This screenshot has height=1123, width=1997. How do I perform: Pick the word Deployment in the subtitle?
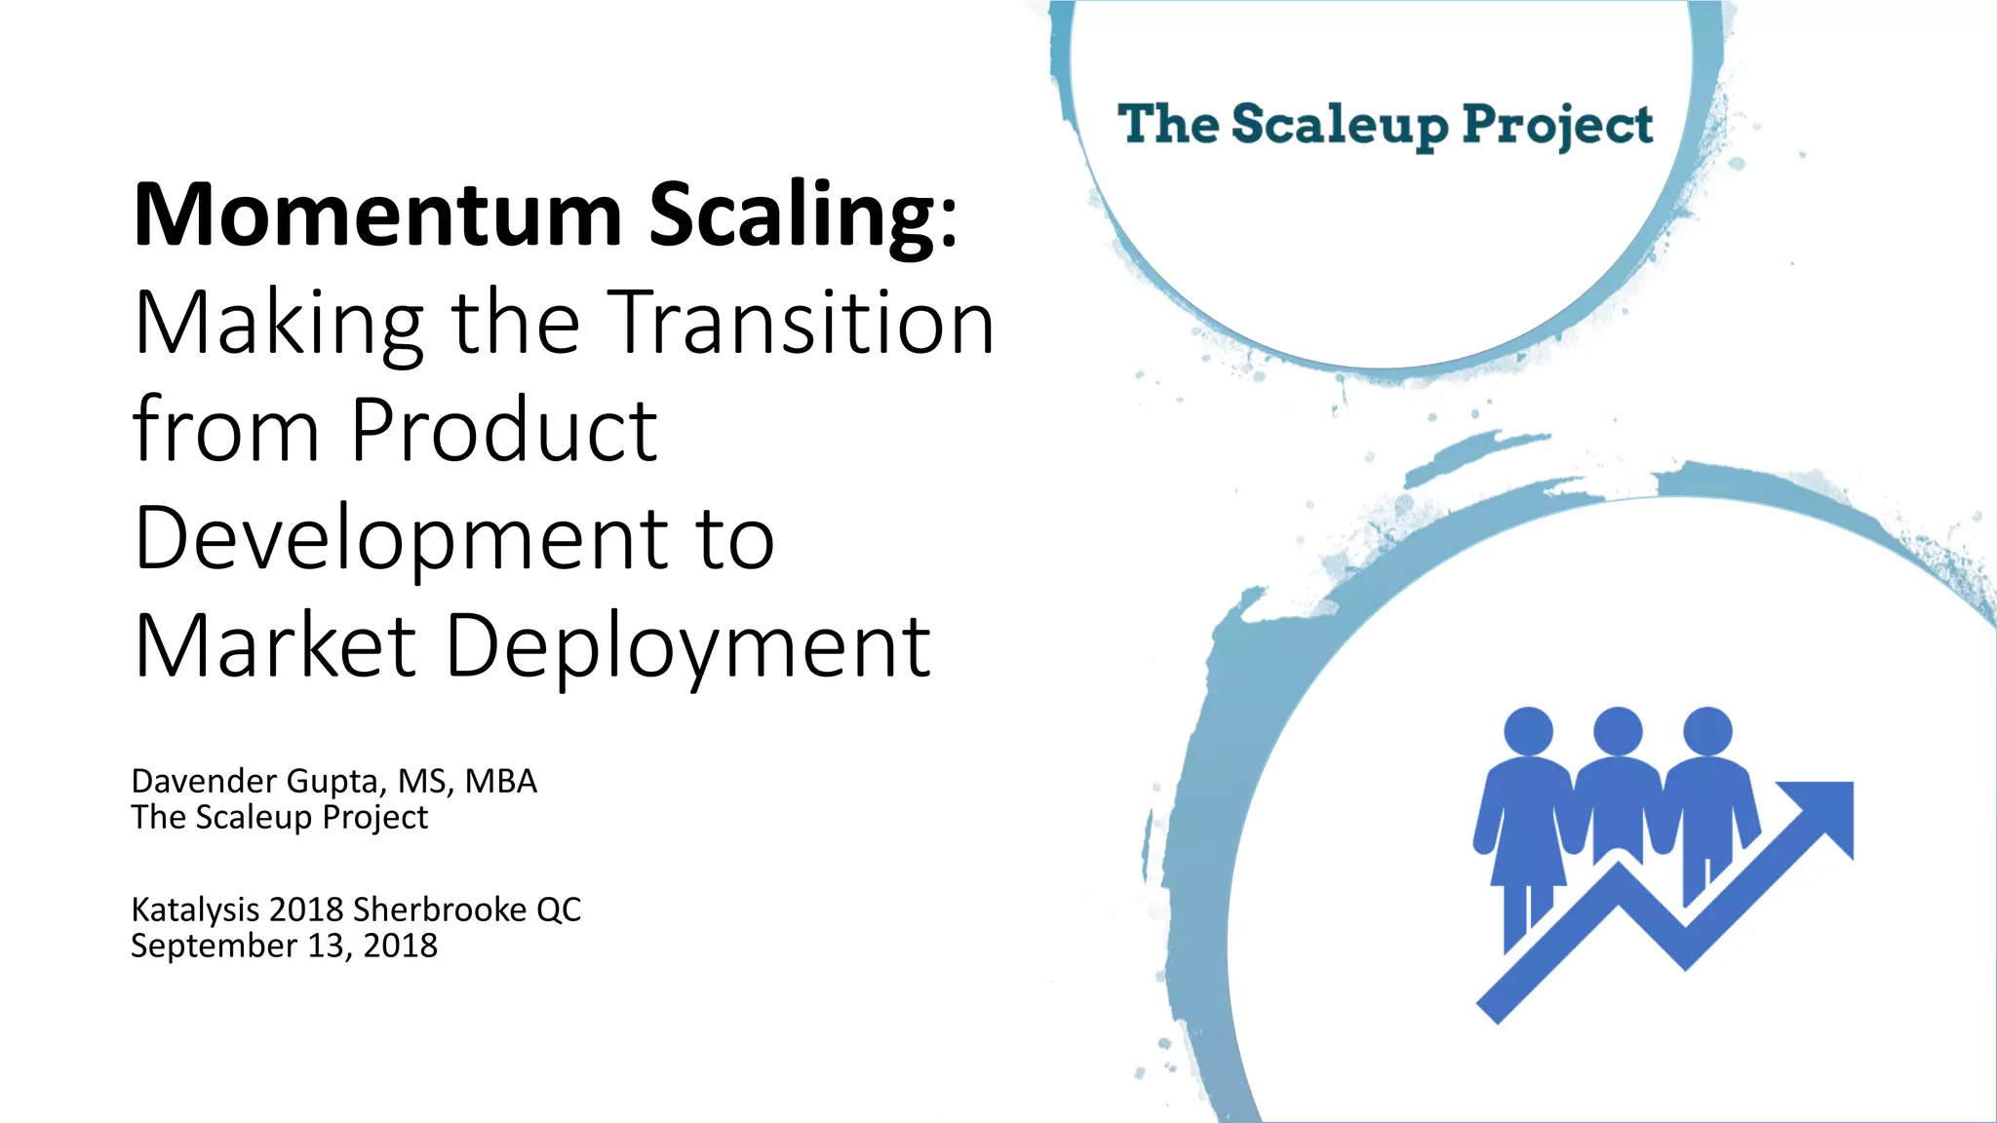coord(687,647)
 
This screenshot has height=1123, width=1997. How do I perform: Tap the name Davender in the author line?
coord(205,781)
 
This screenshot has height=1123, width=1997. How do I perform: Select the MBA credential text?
coord(500,781)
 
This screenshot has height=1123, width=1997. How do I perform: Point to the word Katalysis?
coord(195,910)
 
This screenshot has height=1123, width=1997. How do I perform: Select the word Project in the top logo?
coord(1556,126)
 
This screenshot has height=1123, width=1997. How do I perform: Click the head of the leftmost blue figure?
coord(1528,731)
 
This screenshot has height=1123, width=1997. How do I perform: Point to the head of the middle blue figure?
coord(1618,731)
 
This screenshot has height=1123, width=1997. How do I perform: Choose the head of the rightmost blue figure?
coord(1707,731)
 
